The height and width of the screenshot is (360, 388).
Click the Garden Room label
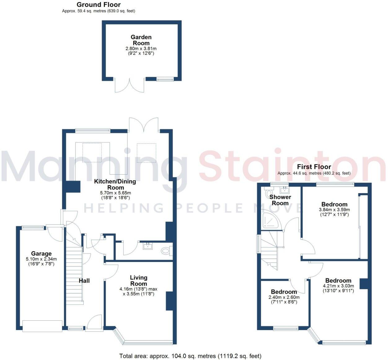pos(141,40)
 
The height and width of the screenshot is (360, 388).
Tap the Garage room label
pos(41,254)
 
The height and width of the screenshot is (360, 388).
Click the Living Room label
pos(139,281)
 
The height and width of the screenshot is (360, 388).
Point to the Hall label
pos(84,281)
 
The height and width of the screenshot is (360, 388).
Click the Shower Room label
pos(280,200)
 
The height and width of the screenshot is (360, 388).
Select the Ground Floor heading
pos(99,5)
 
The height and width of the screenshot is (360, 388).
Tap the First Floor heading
pos(314,167)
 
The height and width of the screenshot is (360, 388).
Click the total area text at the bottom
pos(190,356)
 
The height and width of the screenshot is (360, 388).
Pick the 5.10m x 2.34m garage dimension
pos(41,259)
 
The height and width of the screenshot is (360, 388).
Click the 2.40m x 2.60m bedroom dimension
pos(284,297)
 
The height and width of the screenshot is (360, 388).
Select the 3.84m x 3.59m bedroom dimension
pos(334,210)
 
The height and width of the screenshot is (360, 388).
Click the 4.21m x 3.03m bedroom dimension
pos(338,286)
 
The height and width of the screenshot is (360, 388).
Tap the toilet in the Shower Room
pos(268,193)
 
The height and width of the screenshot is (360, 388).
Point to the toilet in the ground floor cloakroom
pos(166,251)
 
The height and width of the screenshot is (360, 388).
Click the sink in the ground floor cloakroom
pos(148,246)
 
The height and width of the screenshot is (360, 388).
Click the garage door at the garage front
pos(42,326)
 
